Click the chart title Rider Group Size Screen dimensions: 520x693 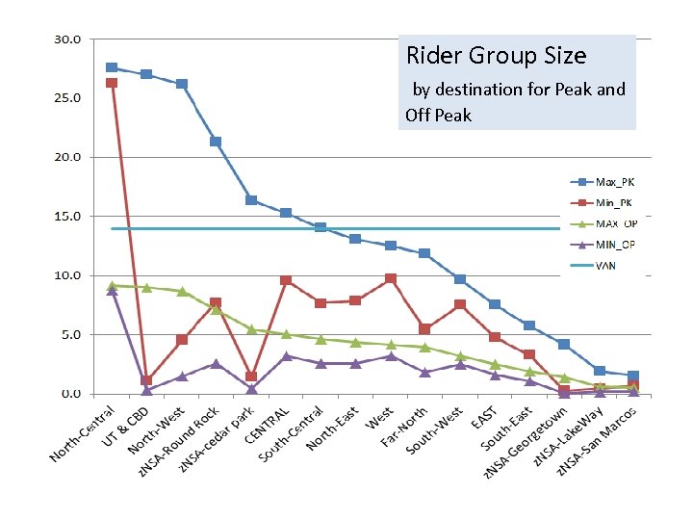click(x=496, y=56)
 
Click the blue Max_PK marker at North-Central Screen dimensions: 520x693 click(x=112, y=67)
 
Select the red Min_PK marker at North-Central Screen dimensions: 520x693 click(x=112, y=84)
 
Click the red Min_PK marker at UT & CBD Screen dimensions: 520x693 click(x=146, y=380)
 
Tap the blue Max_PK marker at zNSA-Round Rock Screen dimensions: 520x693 click(x=216, y=142)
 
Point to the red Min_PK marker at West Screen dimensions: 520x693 click(x=390, y=278)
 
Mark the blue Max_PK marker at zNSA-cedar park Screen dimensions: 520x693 click(x=251, y=200)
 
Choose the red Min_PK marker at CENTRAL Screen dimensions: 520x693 click(x=286, y=280)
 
